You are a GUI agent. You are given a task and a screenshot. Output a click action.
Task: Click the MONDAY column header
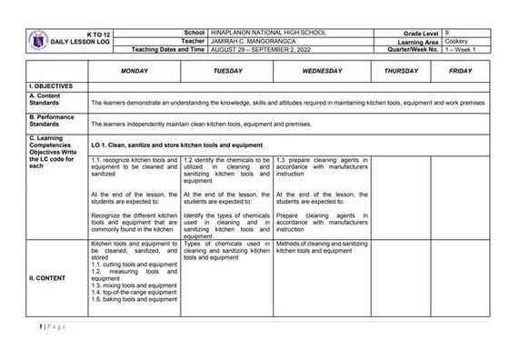point(134,70)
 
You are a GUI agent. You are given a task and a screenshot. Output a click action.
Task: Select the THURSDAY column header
point(401,70)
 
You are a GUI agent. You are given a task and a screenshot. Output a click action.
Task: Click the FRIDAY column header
point(460,70)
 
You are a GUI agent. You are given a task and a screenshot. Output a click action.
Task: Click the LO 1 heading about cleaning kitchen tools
point(176,145)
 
